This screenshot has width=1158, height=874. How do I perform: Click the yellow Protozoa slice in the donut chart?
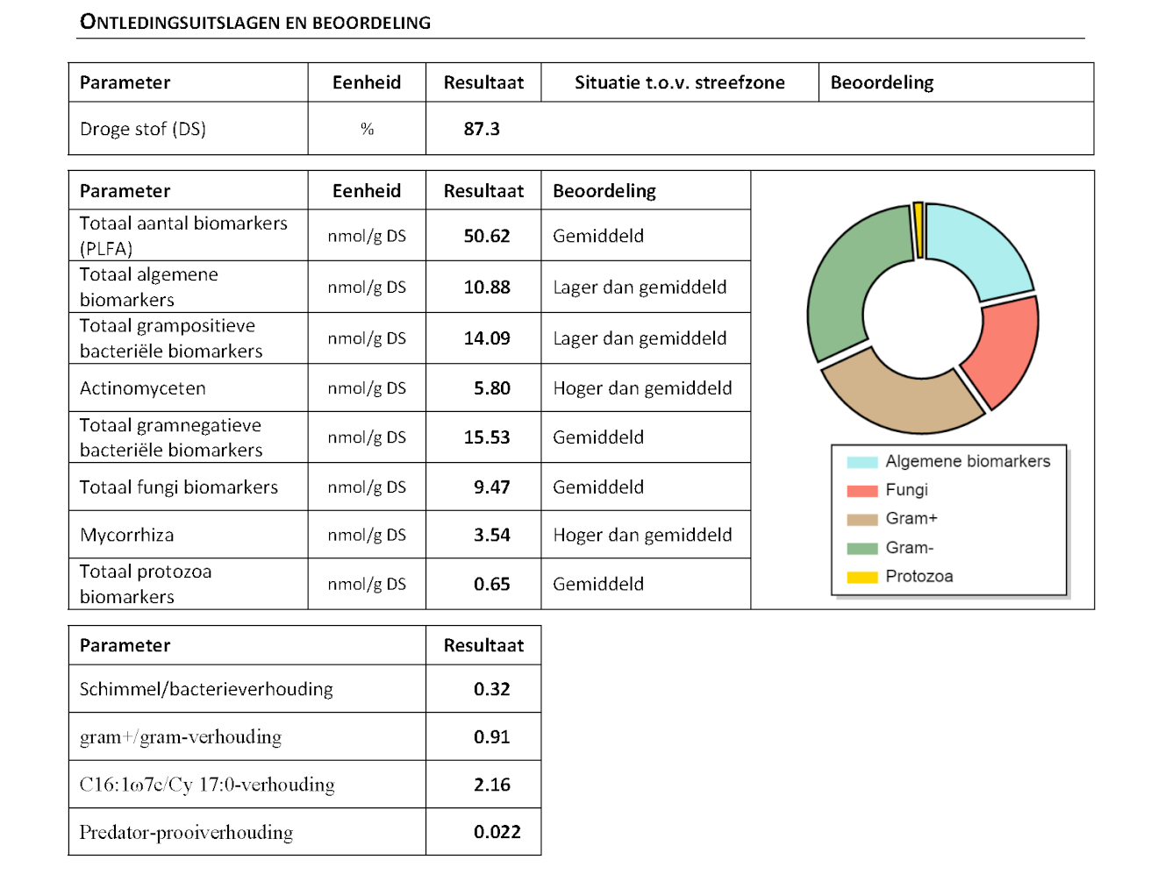tap(918, 231)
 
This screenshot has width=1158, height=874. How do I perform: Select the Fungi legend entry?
tap(887, 490)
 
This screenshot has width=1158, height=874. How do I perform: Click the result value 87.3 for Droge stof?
tap(481, 129)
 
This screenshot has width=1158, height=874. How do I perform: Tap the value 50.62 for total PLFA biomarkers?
tap(486, 236)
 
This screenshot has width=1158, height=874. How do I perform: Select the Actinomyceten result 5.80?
tap(491, 388)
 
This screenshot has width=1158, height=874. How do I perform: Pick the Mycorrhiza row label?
tap(126, 535)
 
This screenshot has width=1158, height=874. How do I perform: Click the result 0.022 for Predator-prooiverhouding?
tap(497, 832)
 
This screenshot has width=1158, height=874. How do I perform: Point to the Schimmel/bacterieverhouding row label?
tap(206, 689)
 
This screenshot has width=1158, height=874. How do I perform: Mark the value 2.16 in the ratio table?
tap(491, 785)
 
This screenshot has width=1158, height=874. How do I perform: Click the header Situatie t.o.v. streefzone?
tap(680, 82)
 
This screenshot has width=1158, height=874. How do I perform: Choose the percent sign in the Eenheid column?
tap(368, 129)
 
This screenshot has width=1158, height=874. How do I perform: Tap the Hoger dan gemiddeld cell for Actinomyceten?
tap(642, 388)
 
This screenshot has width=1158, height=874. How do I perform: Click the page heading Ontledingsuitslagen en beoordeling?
tap(255, 22)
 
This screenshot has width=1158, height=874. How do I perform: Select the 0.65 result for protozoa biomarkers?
tap(491, 584)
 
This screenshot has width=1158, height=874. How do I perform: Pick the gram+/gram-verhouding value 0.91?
tap(491, 736)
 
